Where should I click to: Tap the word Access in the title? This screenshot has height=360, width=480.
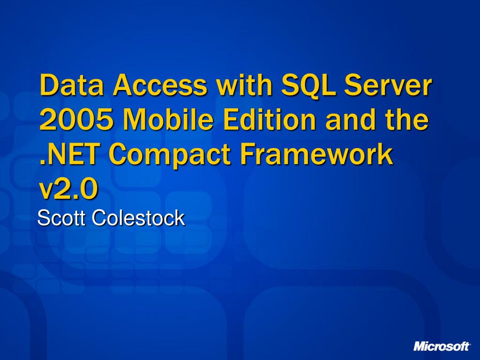click(160, 85)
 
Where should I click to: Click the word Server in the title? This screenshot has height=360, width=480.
click(388, 85)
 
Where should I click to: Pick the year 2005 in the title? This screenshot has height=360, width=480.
click(76, 120)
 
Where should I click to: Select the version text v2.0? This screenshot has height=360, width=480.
click(69, 189)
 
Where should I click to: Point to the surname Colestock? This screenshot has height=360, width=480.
click(138, 218)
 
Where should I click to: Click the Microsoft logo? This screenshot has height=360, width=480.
click(442, 346)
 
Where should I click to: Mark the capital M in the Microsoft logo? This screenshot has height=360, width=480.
click(420, 346)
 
